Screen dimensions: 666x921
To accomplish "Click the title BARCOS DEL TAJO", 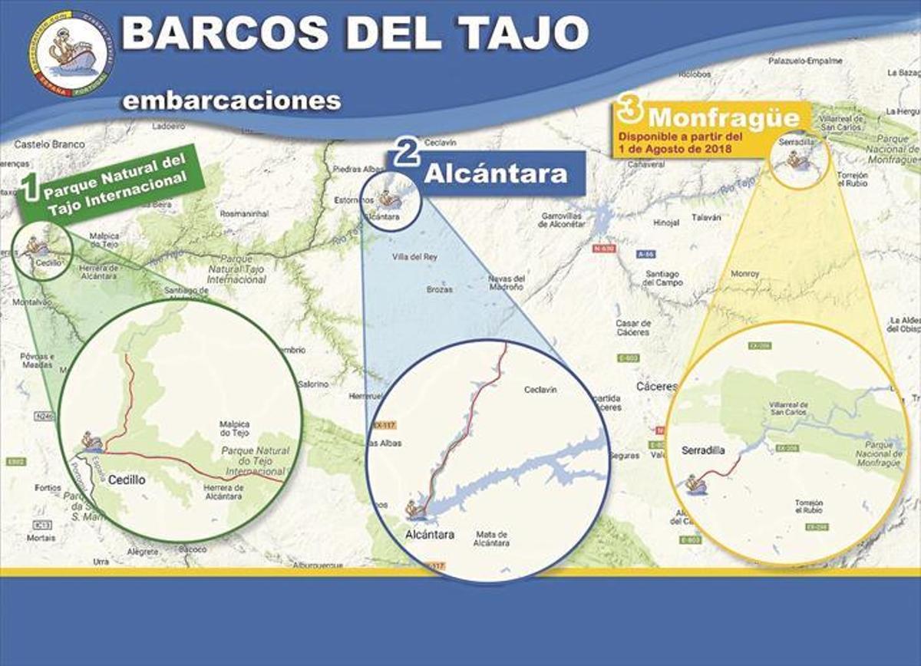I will tap(355, 33).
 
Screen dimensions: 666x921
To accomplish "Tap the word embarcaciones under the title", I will tap(231, 101).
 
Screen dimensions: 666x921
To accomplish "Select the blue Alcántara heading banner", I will tap(496, 173).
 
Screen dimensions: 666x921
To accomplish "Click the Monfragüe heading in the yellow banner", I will tap(718, 118).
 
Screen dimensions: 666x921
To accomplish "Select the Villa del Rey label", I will tap(414, 257).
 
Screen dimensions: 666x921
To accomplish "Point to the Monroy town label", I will tap(744, 273).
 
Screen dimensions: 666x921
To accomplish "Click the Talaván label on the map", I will tap(706, 218).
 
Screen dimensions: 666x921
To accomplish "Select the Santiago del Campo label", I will tap(662, 278).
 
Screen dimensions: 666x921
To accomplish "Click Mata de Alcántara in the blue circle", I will tap(492, 539).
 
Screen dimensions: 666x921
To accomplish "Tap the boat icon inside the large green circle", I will tap(92, 441).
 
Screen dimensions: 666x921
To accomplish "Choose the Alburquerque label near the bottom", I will tap(315, 565).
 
